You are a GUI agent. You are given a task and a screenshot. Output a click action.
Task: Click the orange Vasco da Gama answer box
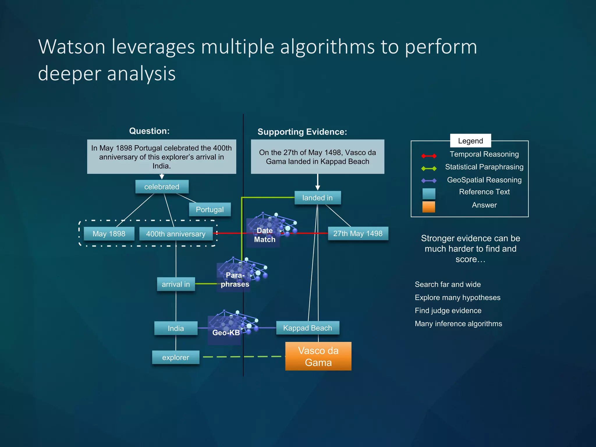pyautogui.click(x=318, y=356)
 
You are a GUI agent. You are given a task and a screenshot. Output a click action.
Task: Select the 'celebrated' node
pyautogui.click(x=162, y=187)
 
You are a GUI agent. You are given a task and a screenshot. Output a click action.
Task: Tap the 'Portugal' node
pyautogui.click(x=210, y=210)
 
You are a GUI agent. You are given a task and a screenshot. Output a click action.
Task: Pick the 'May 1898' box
pyautogui.click(x=109, y=234)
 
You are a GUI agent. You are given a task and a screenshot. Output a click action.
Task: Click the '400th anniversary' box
pyautogui.click(x=176, y=234)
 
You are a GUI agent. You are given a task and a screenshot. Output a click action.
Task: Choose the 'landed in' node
pyautogui.click(x=317, y=198)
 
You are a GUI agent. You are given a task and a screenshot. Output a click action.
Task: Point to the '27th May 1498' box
pyautogui.click(x=358, y=233)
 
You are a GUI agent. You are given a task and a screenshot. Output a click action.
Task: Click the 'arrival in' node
pyautogui.click(x=176, y=284)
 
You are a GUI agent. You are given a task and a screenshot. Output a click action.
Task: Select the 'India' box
pyautogui.click(x=176, y=328)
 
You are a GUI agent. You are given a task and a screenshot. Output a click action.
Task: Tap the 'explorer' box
pyautogui.click(x=175, y=357)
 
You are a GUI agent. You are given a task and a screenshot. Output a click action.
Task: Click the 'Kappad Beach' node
pyautogui.click(x=307, y=328)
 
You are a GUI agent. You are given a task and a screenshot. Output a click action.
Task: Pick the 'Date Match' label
pyautogui.click(x=264, y=235)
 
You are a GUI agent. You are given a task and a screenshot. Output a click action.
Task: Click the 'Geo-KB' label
pyautogui.click(x=226, y=333)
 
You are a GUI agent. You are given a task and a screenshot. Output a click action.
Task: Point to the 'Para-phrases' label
pyautogui.click(x=235, y=280)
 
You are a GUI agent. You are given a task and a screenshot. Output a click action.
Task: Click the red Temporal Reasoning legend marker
pyautogui.click(x=429, y=156)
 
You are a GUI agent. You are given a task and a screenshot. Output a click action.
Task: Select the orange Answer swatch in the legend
pyautogui.click(x=429, y=207)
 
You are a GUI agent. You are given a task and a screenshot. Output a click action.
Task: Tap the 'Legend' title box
pyautogui.click(x=470, y=141)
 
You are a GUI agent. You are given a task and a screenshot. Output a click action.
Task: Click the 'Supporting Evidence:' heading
pyautogui.click(x=302, y=132)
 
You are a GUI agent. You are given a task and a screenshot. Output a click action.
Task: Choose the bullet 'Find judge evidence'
pyautogui.click(x=448, y=311)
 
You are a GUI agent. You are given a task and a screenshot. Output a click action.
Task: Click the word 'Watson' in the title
pyautogui.click(x=72, y=47)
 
